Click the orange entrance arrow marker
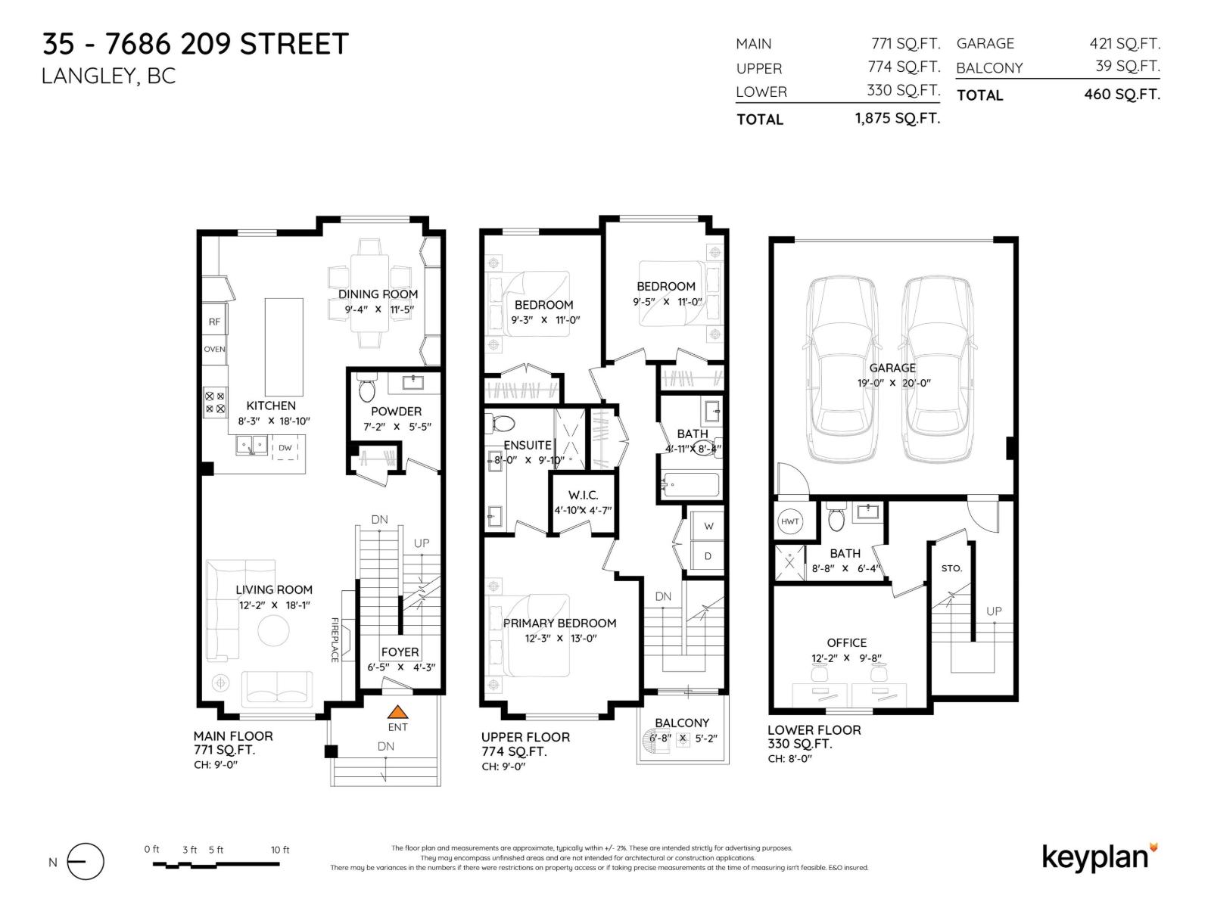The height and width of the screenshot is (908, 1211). click(x=397, y=712)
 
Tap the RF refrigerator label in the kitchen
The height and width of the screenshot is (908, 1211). click(x=214, y=322)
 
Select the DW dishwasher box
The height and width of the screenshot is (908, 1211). click(x=285, y=448)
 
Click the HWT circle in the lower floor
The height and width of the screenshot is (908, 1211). click(x=789, y=521)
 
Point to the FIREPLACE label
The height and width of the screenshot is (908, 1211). click(x=334, y=640)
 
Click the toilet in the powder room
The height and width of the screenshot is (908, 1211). click(x=366, y=389)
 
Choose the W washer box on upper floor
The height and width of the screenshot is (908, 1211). click(x=708, y=526)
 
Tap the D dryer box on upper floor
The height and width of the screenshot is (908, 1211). click(x=708, y=556)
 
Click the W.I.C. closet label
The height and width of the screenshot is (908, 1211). click(x=583, y=495)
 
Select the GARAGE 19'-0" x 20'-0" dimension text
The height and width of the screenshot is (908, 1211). click(x=893, y=383)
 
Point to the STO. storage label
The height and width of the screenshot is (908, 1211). click(x=951, y=568)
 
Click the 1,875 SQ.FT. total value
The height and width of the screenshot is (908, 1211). click(x=897, y=118)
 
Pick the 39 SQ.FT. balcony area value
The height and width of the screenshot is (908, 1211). click(x=1127, y=67)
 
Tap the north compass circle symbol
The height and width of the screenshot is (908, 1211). click(x=86, y=862)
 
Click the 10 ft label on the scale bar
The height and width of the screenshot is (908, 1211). click(x=280, y=850)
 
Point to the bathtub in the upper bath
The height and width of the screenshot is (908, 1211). click(x=690, y=485)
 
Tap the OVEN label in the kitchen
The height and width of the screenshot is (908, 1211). click(x=214, y=350)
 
